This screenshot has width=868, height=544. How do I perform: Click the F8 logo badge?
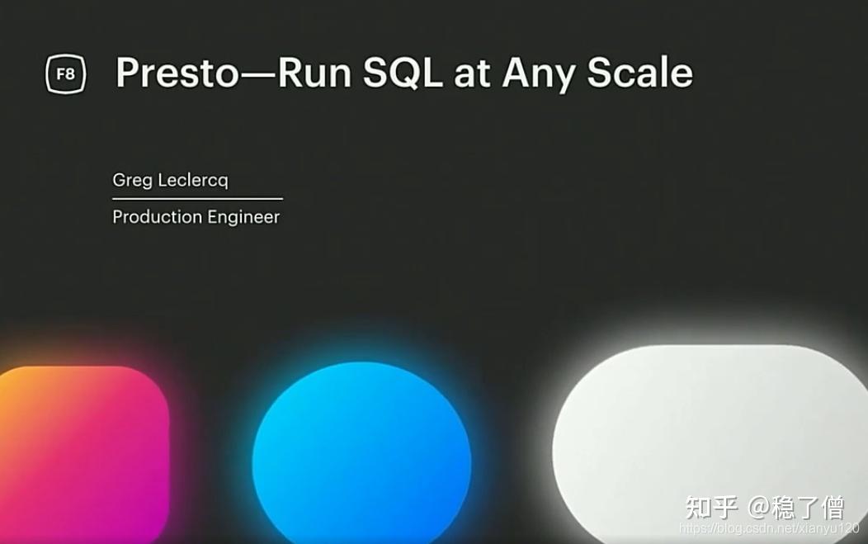[66, 73]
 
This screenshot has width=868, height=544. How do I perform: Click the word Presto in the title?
[177, 73]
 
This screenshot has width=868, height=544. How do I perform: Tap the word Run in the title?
[314, 73]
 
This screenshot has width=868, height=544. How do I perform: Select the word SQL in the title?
[403, 73]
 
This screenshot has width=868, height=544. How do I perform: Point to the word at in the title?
[472, 73]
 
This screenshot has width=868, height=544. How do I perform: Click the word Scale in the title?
[640, 73]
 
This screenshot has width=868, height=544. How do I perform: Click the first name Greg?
[132, 180]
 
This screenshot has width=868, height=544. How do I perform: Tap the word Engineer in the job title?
[244, 217]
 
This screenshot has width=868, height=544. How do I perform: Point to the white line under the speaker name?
[198, 198]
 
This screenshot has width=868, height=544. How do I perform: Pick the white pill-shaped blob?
[710, 443]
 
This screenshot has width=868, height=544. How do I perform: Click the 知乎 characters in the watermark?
[711, 507]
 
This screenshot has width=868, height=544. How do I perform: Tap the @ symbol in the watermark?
[759, 508]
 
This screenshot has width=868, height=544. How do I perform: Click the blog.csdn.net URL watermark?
[769, 528]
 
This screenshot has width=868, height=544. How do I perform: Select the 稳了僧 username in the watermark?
[809, 508]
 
